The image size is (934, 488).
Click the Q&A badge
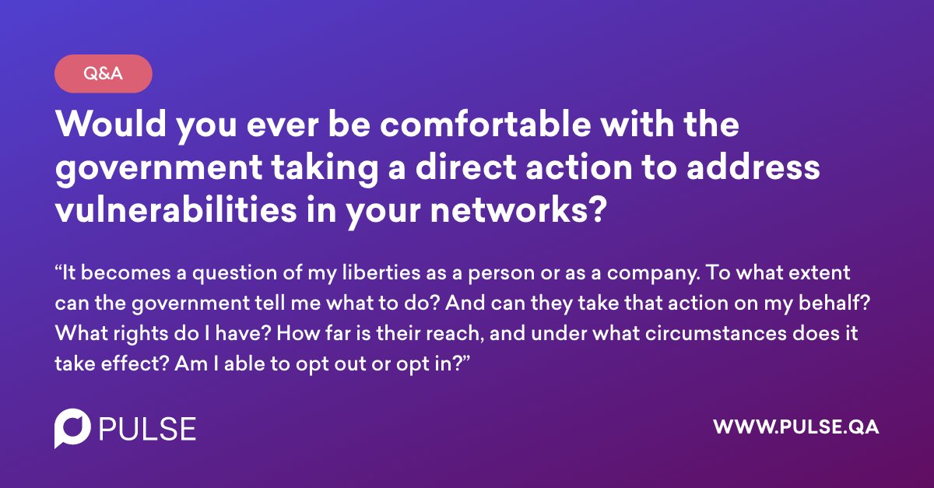103,74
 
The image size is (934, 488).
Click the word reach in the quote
458,332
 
